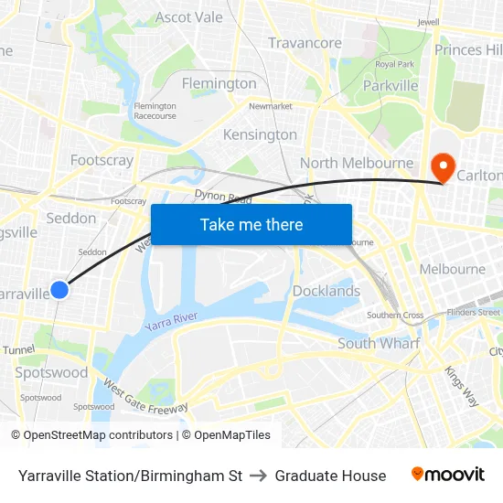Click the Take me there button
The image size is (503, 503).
click(251, 224)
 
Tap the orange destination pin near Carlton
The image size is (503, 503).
click(443, 166)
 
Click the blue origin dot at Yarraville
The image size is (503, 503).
click(59, 290)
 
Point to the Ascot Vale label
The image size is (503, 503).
click(189, 17)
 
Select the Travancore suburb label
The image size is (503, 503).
click(305, 43)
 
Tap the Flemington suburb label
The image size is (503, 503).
click(219, 83)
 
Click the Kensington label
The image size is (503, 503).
click(260, 134)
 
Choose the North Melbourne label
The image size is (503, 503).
click(357, 163)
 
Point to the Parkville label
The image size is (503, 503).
click(391, 86)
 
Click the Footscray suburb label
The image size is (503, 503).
click(102, 160)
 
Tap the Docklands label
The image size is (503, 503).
click(326, 291)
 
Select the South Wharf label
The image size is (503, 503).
click(379, 343)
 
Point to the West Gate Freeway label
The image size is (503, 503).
click(145, 397)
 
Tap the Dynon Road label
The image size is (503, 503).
click(223, 196)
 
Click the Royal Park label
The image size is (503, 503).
click(395, 64)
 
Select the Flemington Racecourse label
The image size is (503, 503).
click(155, 111)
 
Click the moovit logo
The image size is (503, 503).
click(448, 475)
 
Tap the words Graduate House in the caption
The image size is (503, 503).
click(330, 476)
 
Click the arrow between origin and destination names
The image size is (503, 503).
click(259, 476)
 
